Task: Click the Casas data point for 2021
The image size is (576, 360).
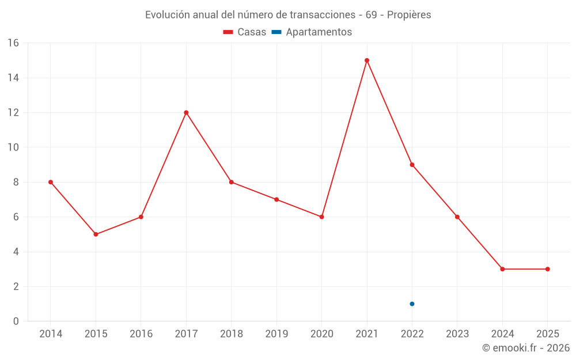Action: pyautogui.click(x=367, y=60)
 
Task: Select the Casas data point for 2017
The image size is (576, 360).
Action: pyautogui.click(x=186, y=112)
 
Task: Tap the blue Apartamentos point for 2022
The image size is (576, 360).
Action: pyautogui.click(x=412, y=304)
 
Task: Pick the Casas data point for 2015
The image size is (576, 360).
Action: pyautogui.click(x=96, y=234)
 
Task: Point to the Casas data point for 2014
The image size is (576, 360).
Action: pyautogui.click(x=51, y=182)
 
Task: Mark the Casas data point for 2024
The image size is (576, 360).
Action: pyautogui.click(x=502, y=269)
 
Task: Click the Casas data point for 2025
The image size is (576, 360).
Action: pyautogui.click(x=547, y=269)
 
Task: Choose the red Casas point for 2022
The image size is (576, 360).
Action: pyautogui.click(x=412, y=165)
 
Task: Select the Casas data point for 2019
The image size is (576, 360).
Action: pyautogui.click(x=276, y=199)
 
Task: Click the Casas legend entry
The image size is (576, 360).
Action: pyautogui.click(x=245, y=32)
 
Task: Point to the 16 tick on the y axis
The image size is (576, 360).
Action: pyautogui.click(x=13, y=43)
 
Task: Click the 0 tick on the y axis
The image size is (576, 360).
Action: pyautogui.click(x=16, y=321)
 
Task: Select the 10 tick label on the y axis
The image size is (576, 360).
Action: pyautogui.click(x=13, y=147)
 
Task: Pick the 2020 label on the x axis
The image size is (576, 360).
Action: pyautogui.click(x=321, y=334)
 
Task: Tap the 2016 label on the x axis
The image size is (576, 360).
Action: pyautogui.click(x=141, y=334)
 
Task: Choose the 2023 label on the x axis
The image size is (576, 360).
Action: pyautogui.click(x=457, y=334)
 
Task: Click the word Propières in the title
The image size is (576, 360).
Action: pyautogui.click(x=409, y=15)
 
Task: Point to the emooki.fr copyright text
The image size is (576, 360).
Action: pyautogui.click(x=525, y=348)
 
